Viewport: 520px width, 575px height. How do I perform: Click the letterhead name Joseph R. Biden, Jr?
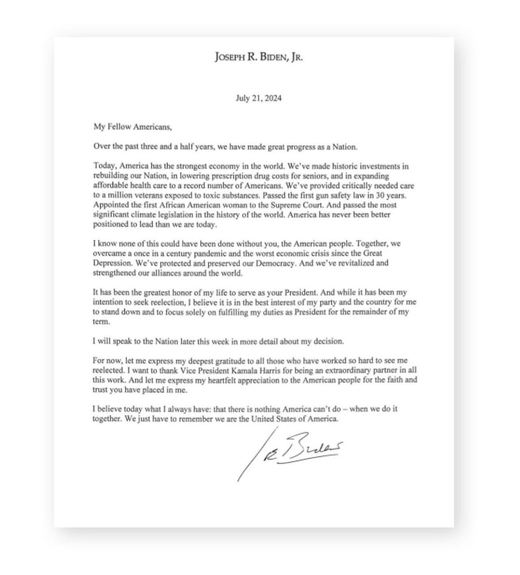tap(259, 57)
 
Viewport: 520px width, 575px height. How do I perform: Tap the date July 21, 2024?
tap(259, 98)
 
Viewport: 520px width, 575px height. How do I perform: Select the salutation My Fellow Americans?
tap(132, 127)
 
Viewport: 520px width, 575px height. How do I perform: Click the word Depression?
tap(110, 263)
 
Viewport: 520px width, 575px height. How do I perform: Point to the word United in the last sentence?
tap(264, 419)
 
